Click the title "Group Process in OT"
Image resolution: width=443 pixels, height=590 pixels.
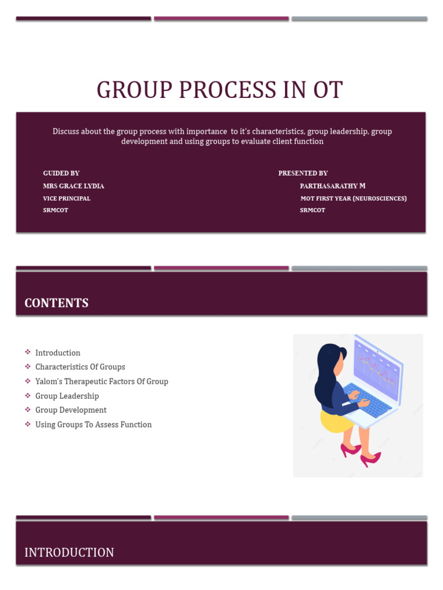coord(220,90)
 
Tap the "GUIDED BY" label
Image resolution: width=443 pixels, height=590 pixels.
coord(61,173)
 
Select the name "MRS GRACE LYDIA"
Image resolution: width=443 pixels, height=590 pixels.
coord(73,186)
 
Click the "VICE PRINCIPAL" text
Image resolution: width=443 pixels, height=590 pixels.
coord(66,198)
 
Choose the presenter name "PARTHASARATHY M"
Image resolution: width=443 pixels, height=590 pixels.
coord(332,186)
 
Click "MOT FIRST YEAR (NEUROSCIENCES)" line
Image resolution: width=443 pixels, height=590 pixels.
coord(354,198)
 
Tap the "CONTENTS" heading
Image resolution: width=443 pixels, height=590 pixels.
coord(57,303)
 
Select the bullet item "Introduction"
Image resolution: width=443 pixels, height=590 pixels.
coord(58,353)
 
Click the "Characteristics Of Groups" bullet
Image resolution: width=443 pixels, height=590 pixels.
coord(80,367)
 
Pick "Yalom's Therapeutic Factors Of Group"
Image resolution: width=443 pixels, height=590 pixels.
coord(102,381)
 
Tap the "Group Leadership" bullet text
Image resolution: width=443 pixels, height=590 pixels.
coord(67,396)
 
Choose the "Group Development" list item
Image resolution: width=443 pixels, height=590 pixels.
coord(71,410)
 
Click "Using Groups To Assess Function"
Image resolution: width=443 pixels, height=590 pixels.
coord(93,425)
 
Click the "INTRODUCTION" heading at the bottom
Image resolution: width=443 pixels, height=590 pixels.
coord(69,553)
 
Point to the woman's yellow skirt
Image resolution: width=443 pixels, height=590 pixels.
coord(335,421)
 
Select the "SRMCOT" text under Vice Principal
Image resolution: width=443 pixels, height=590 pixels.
coord(55,210)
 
